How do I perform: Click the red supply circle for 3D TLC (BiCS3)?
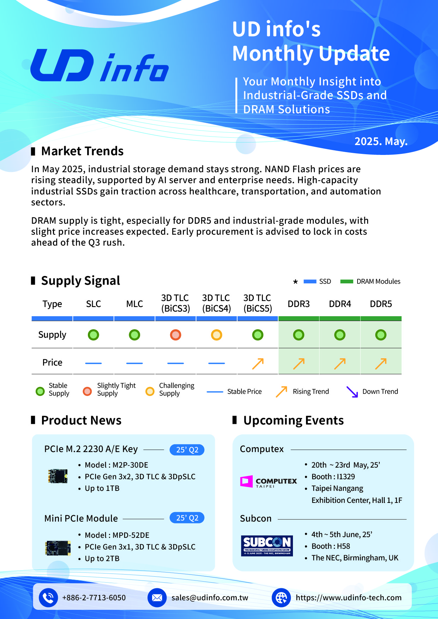(x=175, y=335)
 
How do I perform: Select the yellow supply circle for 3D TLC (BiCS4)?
(x=216, y=335)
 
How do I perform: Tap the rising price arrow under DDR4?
(x=340, y=363)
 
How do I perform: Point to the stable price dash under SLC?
(x=94, y=363)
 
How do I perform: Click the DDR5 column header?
(x=381, y=304)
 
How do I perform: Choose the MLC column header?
(x=134, y=304)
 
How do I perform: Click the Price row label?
(x=52, y=362)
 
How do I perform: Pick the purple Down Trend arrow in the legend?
(x=352, y=392)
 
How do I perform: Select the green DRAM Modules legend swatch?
(x=347, y=282)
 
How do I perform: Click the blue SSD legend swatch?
(x=310, y=282)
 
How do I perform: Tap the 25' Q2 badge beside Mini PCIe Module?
(x=187, y=518)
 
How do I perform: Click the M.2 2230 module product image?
(x=58, y=476)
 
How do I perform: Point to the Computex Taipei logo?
(x=269, y=482)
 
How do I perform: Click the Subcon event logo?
(x=267, y=546)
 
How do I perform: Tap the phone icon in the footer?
(x=48, y=597)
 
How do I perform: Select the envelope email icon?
(x=157, y=597)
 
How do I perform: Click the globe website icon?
(x=281, y=597)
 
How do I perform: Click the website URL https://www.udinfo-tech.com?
(x=349, y=597)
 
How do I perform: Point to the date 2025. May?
(x=381, y=142)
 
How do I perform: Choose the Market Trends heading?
(x=82, y=151)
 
